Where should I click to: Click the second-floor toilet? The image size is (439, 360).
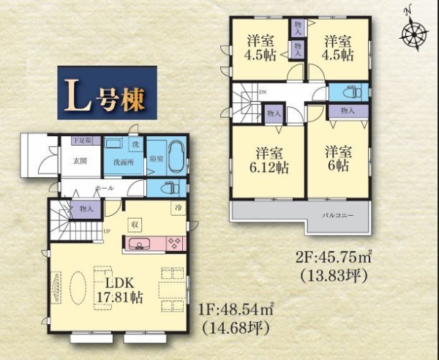(348, 92)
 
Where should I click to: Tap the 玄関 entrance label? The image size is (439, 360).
(80, 161)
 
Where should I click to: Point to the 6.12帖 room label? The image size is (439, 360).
(269, 160)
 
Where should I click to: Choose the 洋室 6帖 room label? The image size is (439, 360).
(338, 160)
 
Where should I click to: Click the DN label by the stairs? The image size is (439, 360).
(263, 92)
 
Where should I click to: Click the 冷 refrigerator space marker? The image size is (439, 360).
(179, 208)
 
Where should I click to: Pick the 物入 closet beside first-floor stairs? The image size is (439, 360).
(86, 209)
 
